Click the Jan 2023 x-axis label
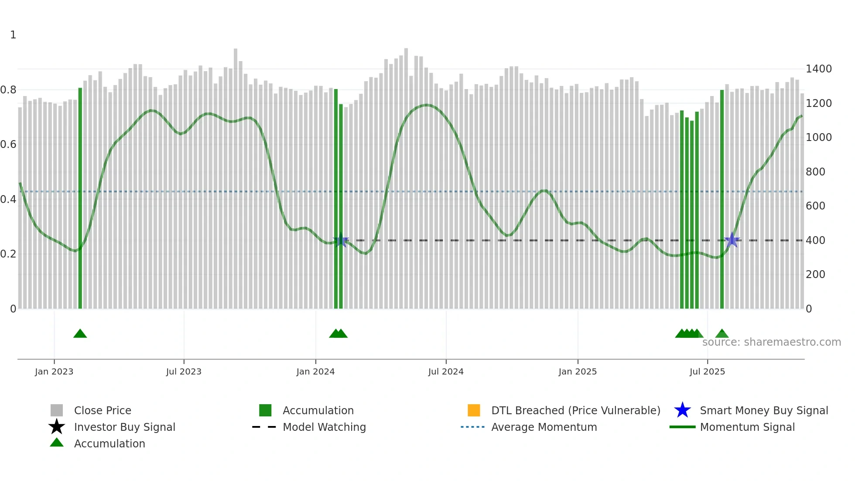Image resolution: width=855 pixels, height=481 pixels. [54, 371]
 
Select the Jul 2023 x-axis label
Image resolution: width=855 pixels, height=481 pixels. [184, 371]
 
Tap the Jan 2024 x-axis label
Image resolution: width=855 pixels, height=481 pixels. [315, 371]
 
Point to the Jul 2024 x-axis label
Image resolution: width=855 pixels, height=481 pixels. [446, 371]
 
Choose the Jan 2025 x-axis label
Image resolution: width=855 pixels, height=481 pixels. [578, 371]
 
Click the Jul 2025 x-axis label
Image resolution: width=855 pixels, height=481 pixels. [707, 371]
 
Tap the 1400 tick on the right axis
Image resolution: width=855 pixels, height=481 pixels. [818, 69]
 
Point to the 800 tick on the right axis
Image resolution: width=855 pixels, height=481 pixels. [815, 172]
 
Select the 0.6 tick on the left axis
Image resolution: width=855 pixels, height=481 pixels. [8, 144]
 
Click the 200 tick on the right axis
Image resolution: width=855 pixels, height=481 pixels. [815, 275]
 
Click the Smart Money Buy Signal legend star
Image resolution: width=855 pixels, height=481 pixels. [682, 410]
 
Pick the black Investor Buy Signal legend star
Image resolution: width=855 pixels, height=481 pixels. [57, 427]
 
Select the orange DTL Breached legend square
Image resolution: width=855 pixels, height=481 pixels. [474, 410]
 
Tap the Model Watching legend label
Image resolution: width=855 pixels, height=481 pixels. [324, 427]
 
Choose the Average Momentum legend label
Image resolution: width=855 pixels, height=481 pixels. [544, 427]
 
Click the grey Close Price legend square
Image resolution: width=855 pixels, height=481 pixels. [57, 410]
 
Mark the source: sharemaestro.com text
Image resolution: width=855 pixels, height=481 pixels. [771, 342]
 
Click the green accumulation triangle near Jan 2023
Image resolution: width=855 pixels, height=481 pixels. [80, 334]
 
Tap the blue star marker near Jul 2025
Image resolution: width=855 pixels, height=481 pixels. [732, 240]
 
